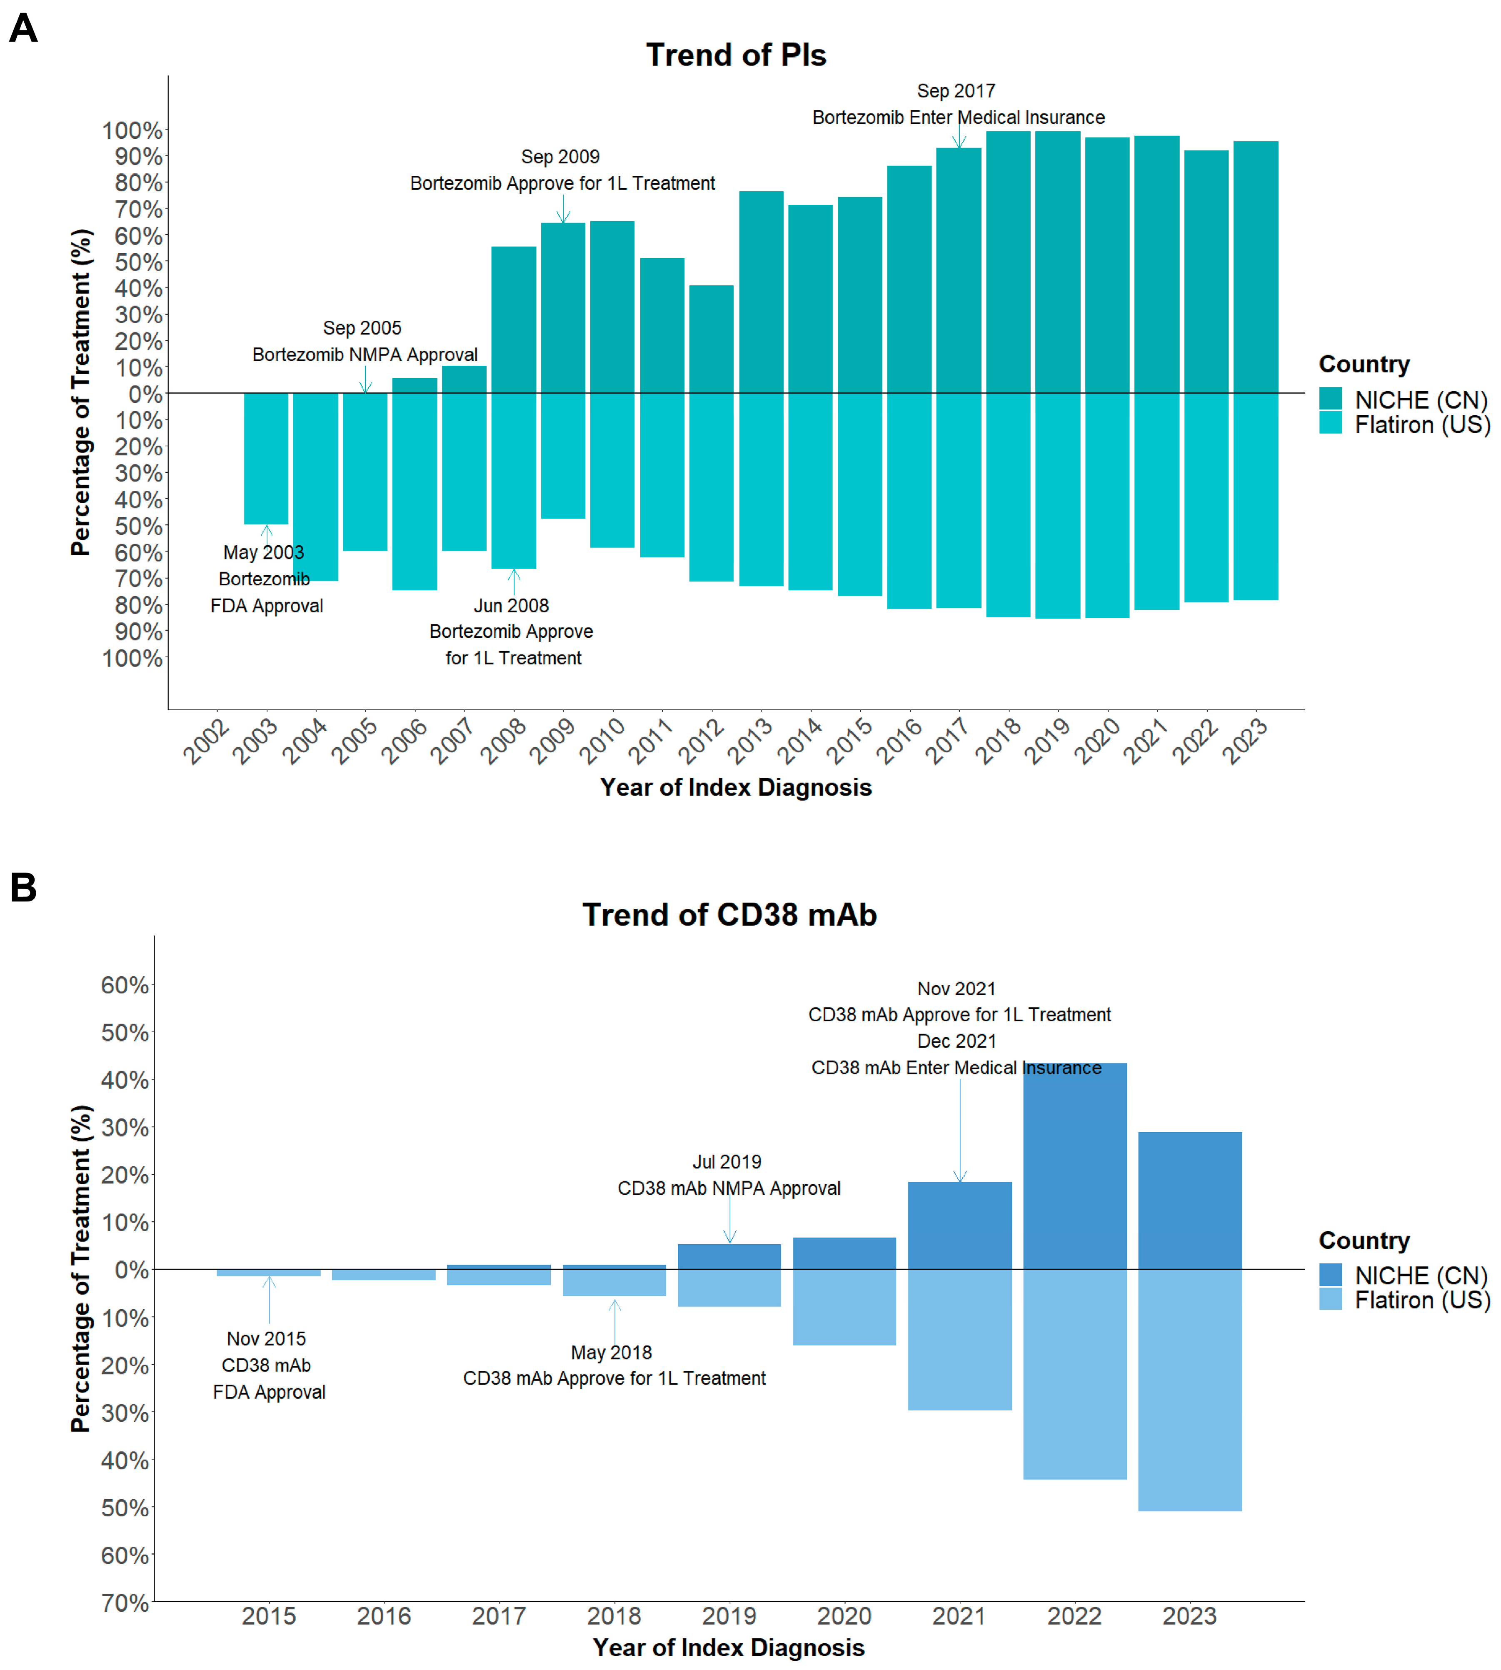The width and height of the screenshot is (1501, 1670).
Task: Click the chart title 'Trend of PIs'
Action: click(x=736, y=55)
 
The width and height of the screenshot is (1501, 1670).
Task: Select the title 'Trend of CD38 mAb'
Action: click(x=729, y=915)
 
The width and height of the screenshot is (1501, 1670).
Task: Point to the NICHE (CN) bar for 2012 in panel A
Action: click(x=711, y=339)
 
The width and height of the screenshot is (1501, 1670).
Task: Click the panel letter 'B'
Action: click(x=23, y=888)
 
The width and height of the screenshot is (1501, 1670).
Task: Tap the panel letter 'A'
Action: click(x=23, y=29)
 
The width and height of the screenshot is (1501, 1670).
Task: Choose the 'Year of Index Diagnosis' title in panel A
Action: click(x=736, y=788)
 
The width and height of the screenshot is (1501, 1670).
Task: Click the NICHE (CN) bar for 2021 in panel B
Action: click(x=959, y=1226)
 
